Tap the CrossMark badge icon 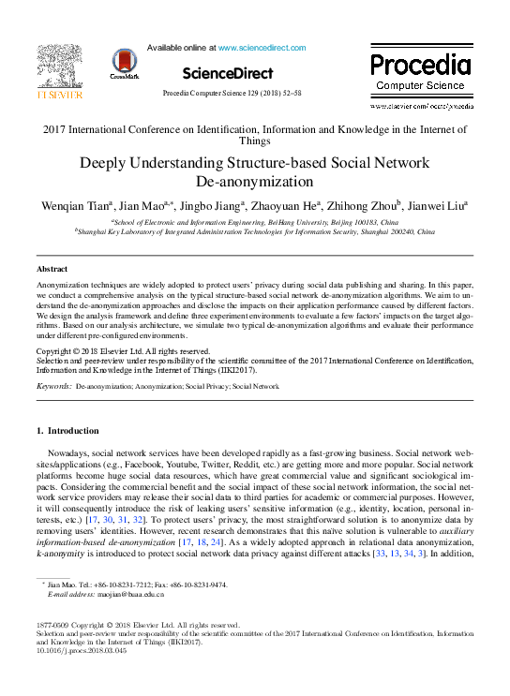[124, 63]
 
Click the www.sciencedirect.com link [262, 46]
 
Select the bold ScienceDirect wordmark [227, 73]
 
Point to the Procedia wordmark [419, 65]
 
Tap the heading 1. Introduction [67, 431]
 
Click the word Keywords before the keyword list [52, 385]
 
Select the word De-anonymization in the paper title [255, 181]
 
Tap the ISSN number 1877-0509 [52, 624]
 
